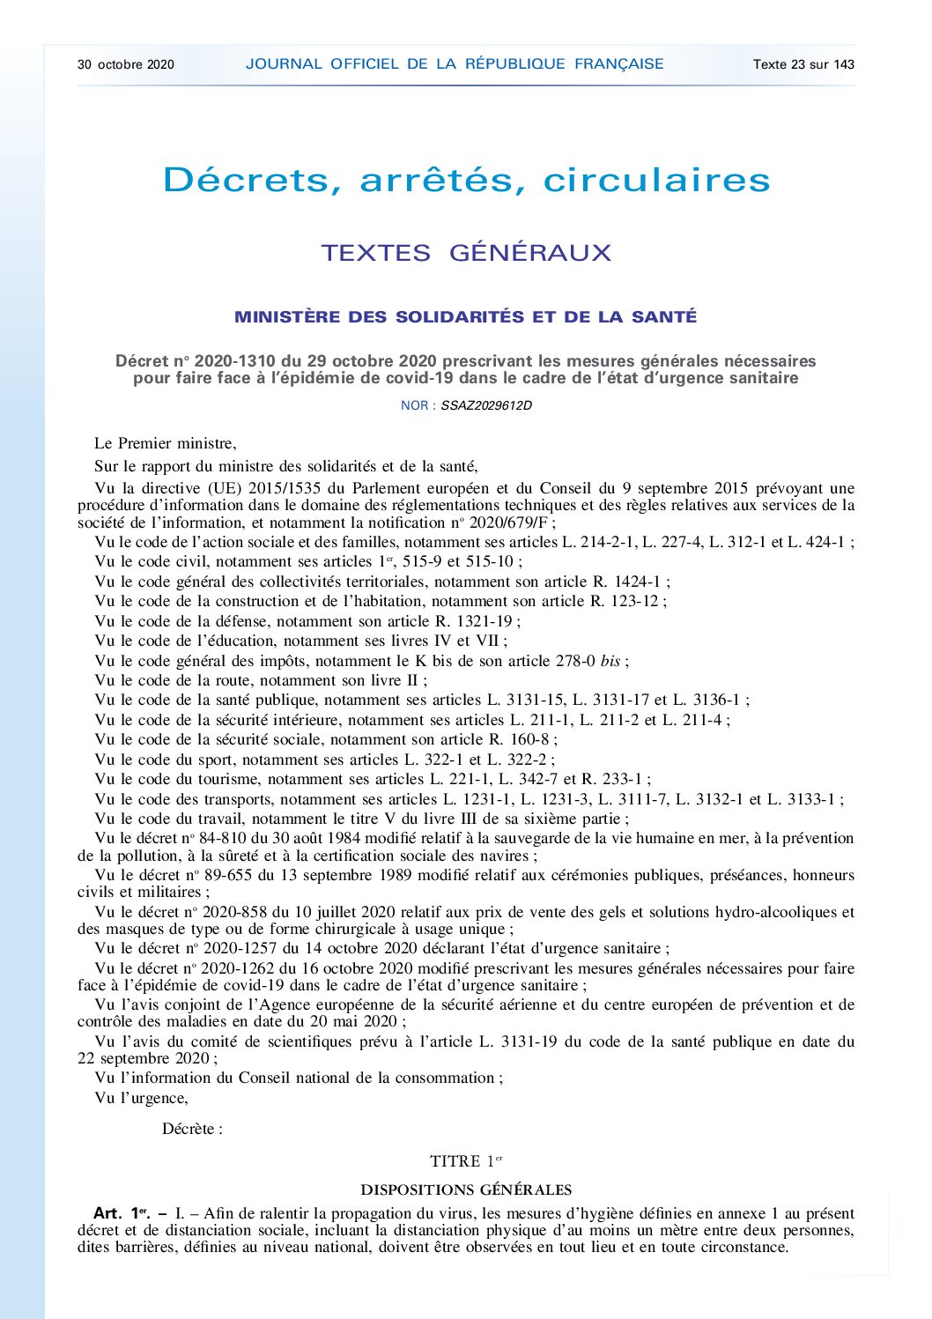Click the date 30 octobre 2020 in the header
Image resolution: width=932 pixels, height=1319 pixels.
pos(126,64)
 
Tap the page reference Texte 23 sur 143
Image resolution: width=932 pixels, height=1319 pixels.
pos(803,64)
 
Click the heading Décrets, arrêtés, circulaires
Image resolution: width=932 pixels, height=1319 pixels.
pos(466,180)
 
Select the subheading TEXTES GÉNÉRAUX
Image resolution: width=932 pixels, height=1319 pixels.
pos(466,253)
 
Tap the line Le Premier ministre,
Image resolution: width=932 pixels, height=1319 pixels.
pos(166,443)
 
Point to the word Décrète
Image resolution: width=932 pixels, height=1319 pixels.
pos(189,1129)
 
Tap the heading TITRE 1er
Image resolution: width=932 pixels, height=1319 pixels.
pos(466,1161)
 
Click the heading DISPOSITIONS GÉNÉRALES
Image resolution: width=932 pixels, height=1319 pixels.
pos(466,1189)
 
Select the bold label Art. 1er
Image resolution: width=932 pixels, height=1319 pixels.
pos(122,1213)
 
